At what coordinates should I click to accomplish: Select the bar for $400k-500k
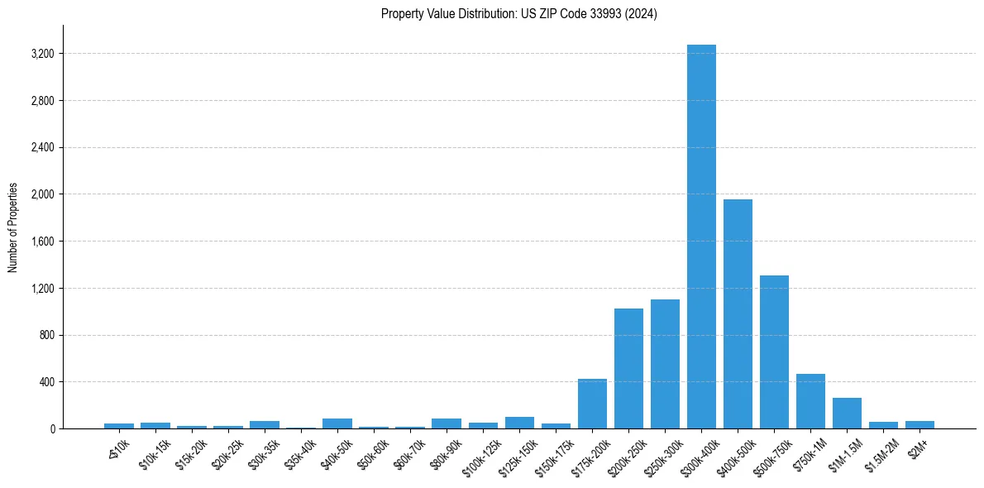tap(738, 314)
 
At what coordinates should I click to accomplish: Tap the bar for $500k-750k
tap(774, 352)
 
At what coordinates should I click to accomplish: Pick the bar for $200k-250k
tap(628, 369)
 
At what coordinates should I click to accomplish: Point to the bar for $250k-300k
tap(665, 364)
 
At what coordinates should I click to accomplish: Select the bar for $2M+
tap(920, 425)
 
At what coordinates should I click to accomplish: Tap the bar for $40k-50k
tap(337, 423)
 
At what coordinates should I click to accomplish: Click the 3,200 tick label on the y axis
tap(42, 54)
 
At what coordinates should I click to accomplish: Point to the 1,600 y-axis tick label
tap(42, 242)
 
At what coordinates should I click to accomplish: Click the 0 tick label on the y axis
tap(52, 429)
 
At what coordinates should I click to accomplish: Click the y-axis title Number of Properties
tap(13, 227)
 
